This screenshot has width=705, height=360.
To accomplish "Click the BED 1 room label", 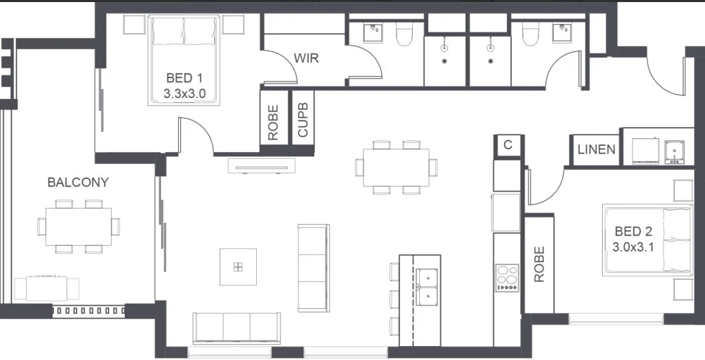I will click(184, 77).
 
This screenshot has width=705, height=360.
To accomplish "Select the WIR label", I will click(306, 57).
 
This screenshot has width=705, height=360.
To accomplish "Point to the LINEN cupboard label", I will click(596, 149).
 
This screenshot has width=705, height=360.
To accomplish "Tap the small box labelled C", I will click(508, 144).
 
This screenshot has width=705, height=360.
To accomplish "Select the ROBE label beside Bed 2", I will click(539, 264).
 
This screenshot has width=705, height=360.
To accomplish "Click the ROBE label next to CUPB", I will click(273, 122).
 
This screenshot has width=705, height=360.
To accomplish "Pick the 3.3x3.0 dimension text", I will click(184, 92).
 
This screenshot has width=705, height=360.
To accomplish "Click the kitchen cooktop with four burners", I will click(507, 278).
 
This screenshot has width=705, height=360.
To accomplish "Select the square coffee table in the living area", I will click(238, 267).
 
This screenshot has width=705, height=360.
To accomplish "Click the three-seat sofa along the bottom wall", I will click(237, 326).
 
